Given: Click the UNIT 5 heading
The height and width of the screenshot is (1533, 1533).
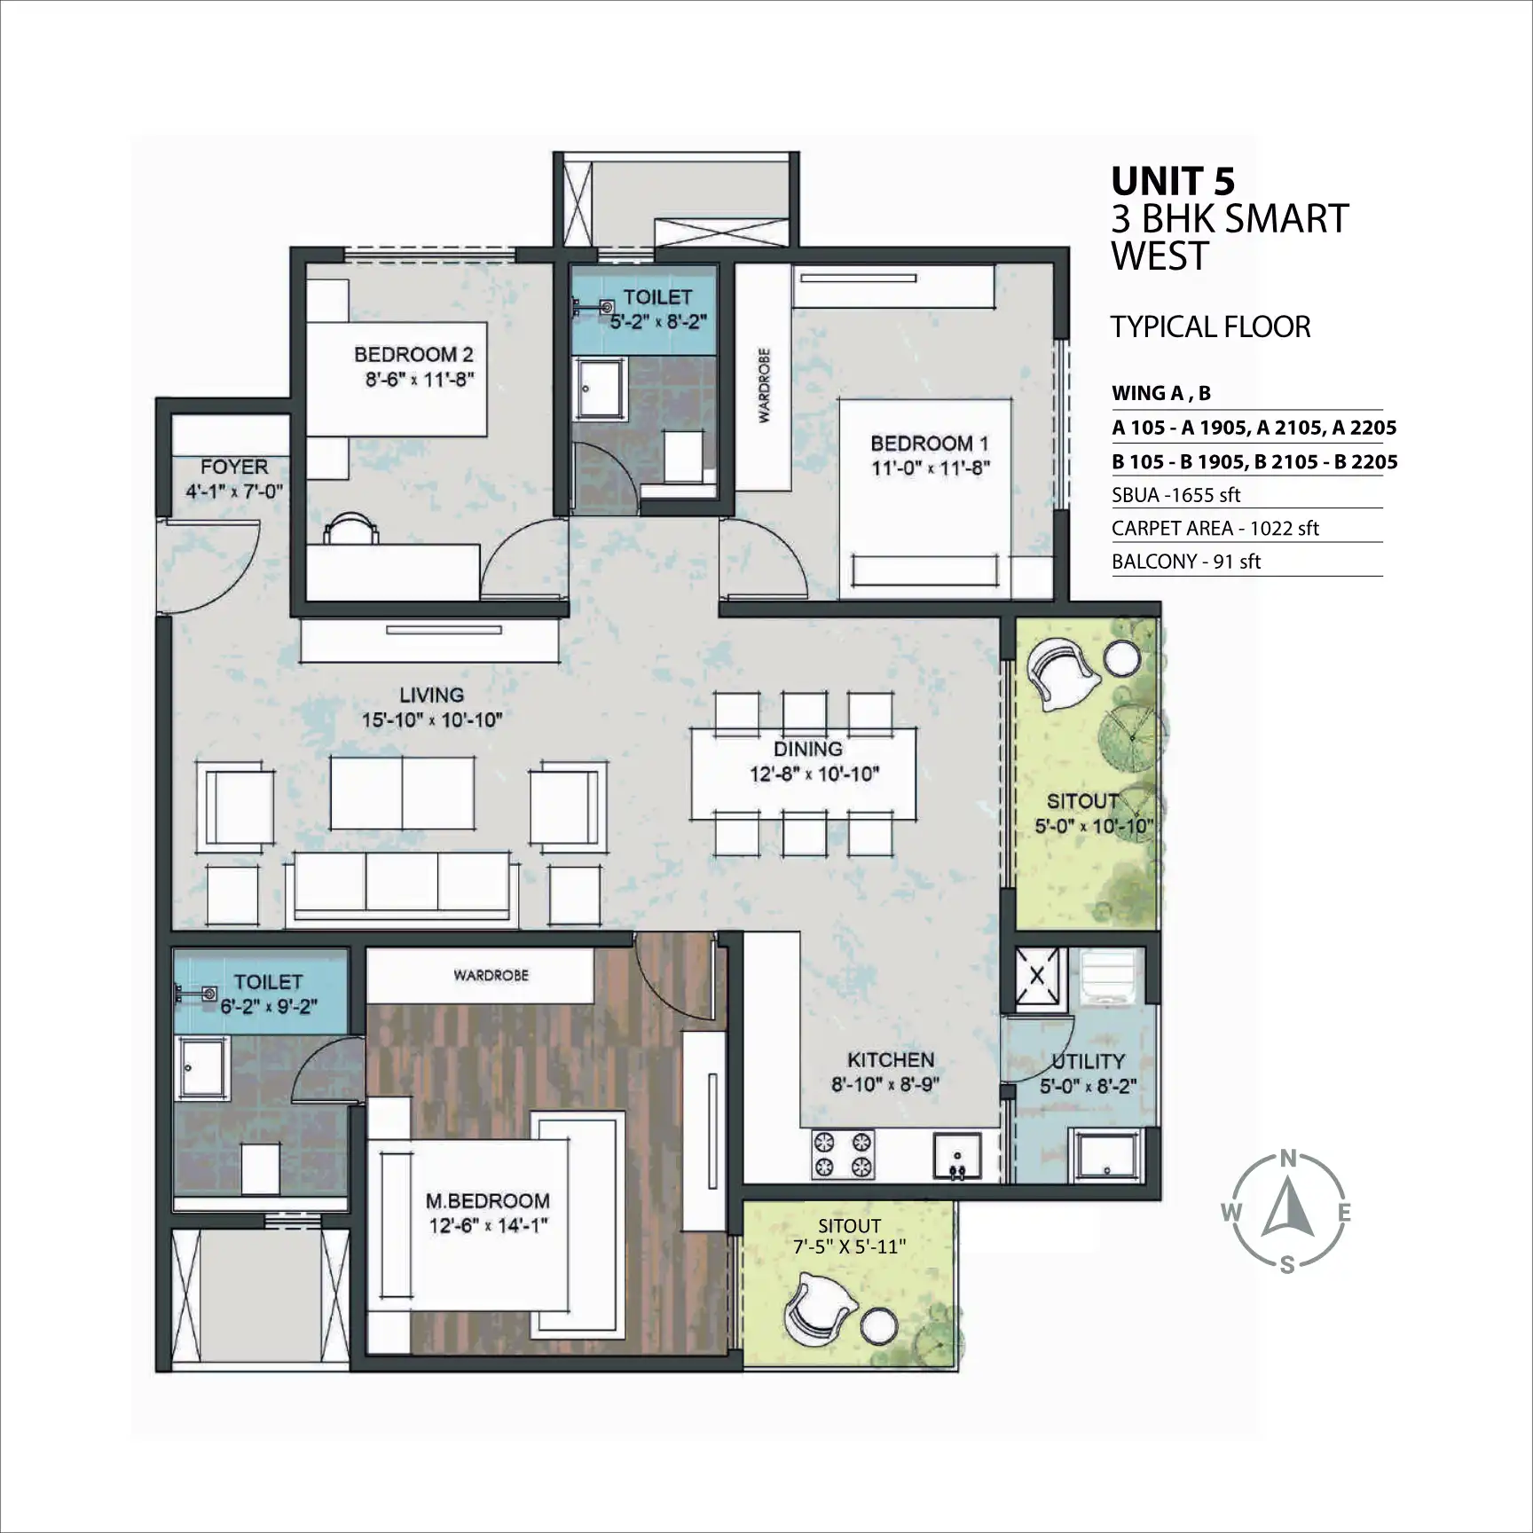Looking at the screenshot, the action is pos(1173,181).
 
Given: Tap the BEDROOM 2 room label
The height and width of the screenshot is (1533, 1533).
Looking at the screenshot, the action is pos(413,355).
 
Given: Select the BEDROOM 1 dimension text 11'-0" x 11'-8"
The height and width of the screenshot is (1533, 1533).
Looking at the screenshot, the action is pos(930,468).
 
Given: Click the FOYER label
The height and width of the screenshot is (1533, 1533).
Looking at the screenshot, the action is pos(234,467).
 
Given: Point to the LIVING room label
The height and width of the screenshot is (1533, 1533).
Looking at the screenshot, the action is pos(431,696).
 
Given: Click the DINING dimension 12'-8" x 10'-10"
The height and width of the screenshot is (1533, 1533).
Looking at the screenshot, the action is pos(814,774).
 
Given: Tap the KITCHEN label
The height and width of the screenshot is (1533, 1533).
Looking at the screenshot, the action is pos(891,1060).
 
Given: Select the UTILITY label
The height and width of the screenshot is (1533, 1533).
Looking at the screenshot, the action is pos(1089,1061).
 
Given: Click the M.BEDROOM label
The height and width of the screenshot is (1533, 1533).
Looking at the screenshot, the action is pos(488,1201).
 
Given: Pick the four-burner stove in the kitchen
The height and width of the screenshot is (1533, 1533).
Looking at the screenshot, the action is pos(843,1154).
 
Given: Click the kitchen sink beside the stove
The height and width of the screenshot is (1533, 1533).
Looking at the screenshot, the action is pos(956,1155).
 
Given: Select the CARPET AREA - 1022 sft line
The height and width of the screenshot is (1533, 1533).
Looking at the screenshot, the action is pos(1215,529).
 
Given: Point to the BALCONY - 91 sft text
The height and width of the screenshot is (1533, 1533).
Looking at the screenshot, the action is pos(1186,562).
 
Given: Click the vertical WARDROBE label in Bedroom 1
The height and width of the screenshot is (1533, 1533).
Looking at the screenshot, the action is pos(764,385).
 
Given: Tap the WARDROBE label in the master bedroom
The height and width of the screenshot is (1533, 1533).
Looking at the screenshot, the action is pos(491,975).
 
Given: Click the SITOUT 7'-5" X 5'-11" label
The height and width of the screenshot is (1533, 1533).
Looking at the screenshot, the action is pos(850,1237).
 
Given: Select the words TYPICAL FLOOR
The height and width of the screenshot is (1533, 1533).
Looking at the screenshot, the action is pos(1211,327).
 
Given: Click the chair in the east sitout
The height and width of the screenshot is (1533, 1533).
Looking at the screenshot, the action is pos(1063,676).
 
